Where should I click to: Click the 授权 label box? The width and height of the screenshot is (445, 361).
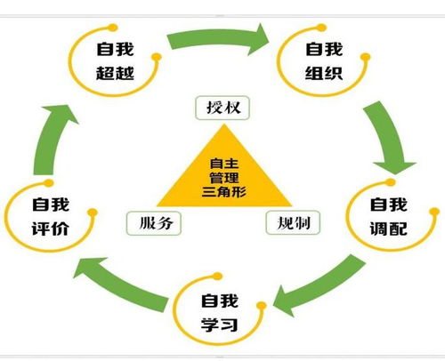pos(221,109)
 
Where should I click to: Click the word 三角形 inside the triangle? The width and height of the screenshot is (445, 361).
pos(222,191)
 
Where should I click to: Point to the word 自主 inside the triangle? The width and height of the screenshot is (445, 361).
pos(222,163)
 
